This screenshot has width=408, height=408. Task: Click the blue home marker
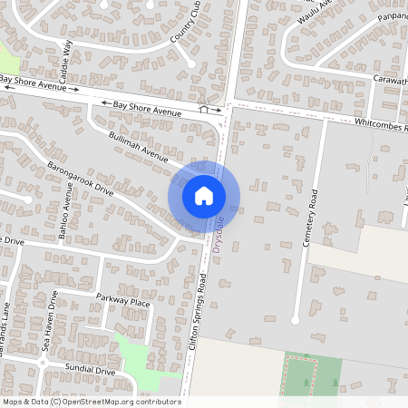[204, 195]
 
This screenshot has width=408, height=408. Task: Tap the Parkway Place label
[128, 301]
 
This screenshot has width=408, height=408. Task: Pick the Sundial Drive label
[90, 371]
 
